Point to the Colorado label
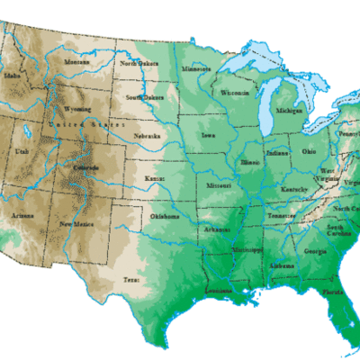(87, 168)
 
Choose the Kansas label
(153, 180)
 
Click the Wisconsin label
(234, 92)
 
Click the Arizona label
(24, 216)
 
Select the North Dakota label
(139, 63)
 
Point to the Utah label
(23, 156)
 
